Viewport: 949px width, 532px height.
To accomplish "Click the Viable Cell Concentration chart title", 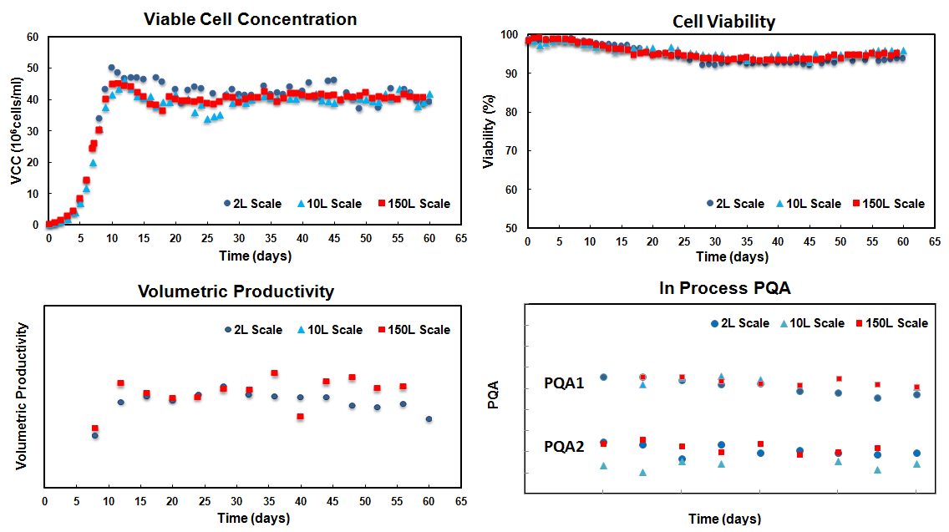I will [251, 19].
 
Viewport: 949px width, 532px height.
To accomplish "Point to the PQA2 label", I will [564, 446].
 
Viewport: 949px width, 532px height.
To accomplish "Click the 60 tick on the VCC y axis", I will [33, 37].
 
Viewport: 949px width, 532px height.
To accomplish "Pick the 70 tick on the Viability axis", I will [509, 150].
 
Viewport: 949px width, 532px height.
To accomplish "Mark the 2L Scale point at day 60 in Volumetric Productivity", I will [429, 419].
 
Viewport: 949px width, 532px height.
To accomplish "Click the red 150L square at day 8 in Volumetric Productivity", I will [94, 428].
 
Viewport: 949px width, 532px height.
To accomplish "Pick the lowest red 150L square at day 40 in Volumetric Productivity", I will [301, 417].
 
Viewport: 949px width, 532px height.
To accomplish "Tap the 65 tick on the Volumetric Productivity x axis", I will [460, 500].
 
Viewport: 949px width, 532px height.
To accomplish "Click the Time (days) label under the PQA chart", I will [724, 519].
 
